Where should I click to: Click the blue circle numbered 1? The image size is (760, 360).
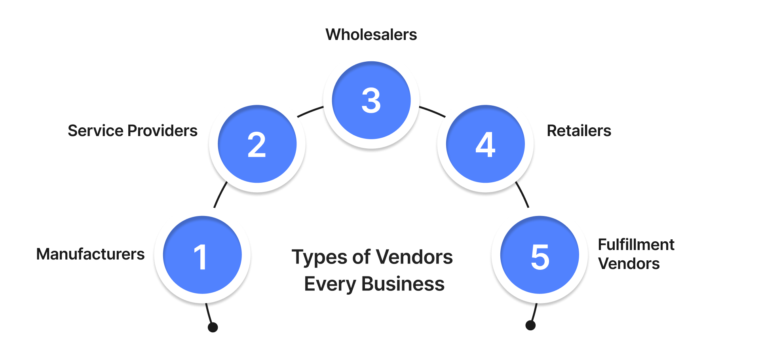coord(202,255)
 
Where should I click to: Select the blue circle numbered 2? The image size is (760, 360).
coord(257,144)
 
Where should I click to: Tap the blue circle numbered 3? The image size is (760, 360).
coord(371,100)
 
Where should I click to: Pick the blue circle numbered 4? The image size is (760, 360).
coord(485,144)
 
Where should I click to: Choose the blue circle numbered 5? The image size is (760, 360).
coord(540,255)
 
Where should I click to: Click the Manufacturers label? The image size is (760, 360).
coord(90,254)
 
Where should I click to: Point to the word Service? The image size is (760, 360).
coord(95,131)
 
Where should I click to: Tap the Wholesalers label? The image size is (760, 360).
coord(371,35)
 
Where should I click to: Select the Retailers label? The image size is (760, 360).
coord(579,131)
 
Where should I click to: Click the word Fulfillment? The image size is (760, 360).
coord(636,245)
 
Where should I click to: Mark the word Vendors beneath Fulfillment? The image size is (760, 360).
coord(629,264)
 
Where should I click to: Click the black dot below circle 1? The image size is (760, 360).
coord(213,327)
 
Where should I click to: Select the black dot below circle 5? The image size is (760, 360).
coord(530,325)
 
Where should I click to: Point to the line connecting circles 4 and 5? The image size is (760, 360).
coord(522,194)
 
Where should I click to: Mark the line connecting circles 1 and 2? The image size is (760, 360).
coord(220,194)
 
